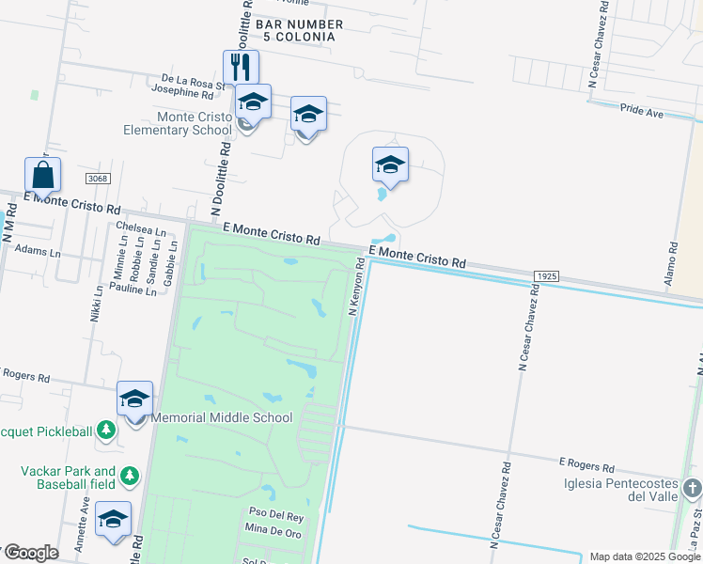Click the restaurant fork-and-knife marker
(241, 67)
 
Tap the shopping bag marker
(43, 174)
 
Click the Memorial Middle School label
(222, 417)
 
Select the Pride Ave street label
(642, 111)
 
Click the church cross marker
(693, 488)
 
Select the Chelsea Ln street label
(140, 228)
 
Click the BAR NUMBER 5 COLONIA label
(293, 30)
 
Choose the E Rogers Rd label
(586, 464)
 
